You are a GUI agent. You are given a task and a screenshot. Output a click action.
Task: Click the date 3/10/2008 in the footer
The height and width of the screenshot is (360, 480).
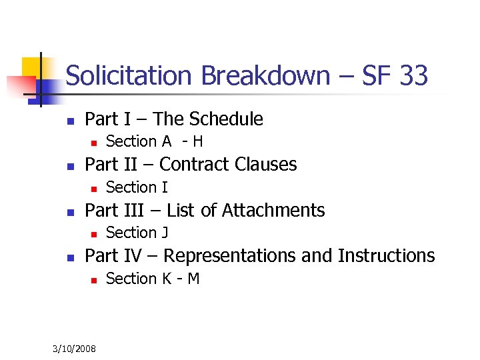coord(75,349)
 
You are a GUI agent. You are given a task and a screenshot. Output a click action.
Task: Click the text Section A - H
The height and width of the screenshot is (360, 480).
coord(155,141)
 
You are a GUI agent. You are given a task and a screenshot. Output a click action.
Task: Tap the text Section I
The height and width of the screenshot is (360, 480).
coord(137,187)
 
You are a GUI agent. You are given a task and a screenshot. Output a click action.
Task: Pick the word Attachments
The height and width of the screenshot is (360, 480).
coord(273,211)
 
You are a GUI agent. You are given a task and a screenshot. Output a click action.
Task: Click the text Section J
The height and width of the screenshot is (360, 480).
coord(137,233)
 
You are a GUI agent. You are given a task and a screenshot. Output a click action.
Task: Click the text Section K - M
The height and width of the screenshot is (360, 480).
coord(153,279)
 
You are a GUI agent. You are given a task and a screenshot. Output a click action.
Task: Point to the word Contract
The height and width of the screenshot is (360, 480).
coord(190,164)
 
